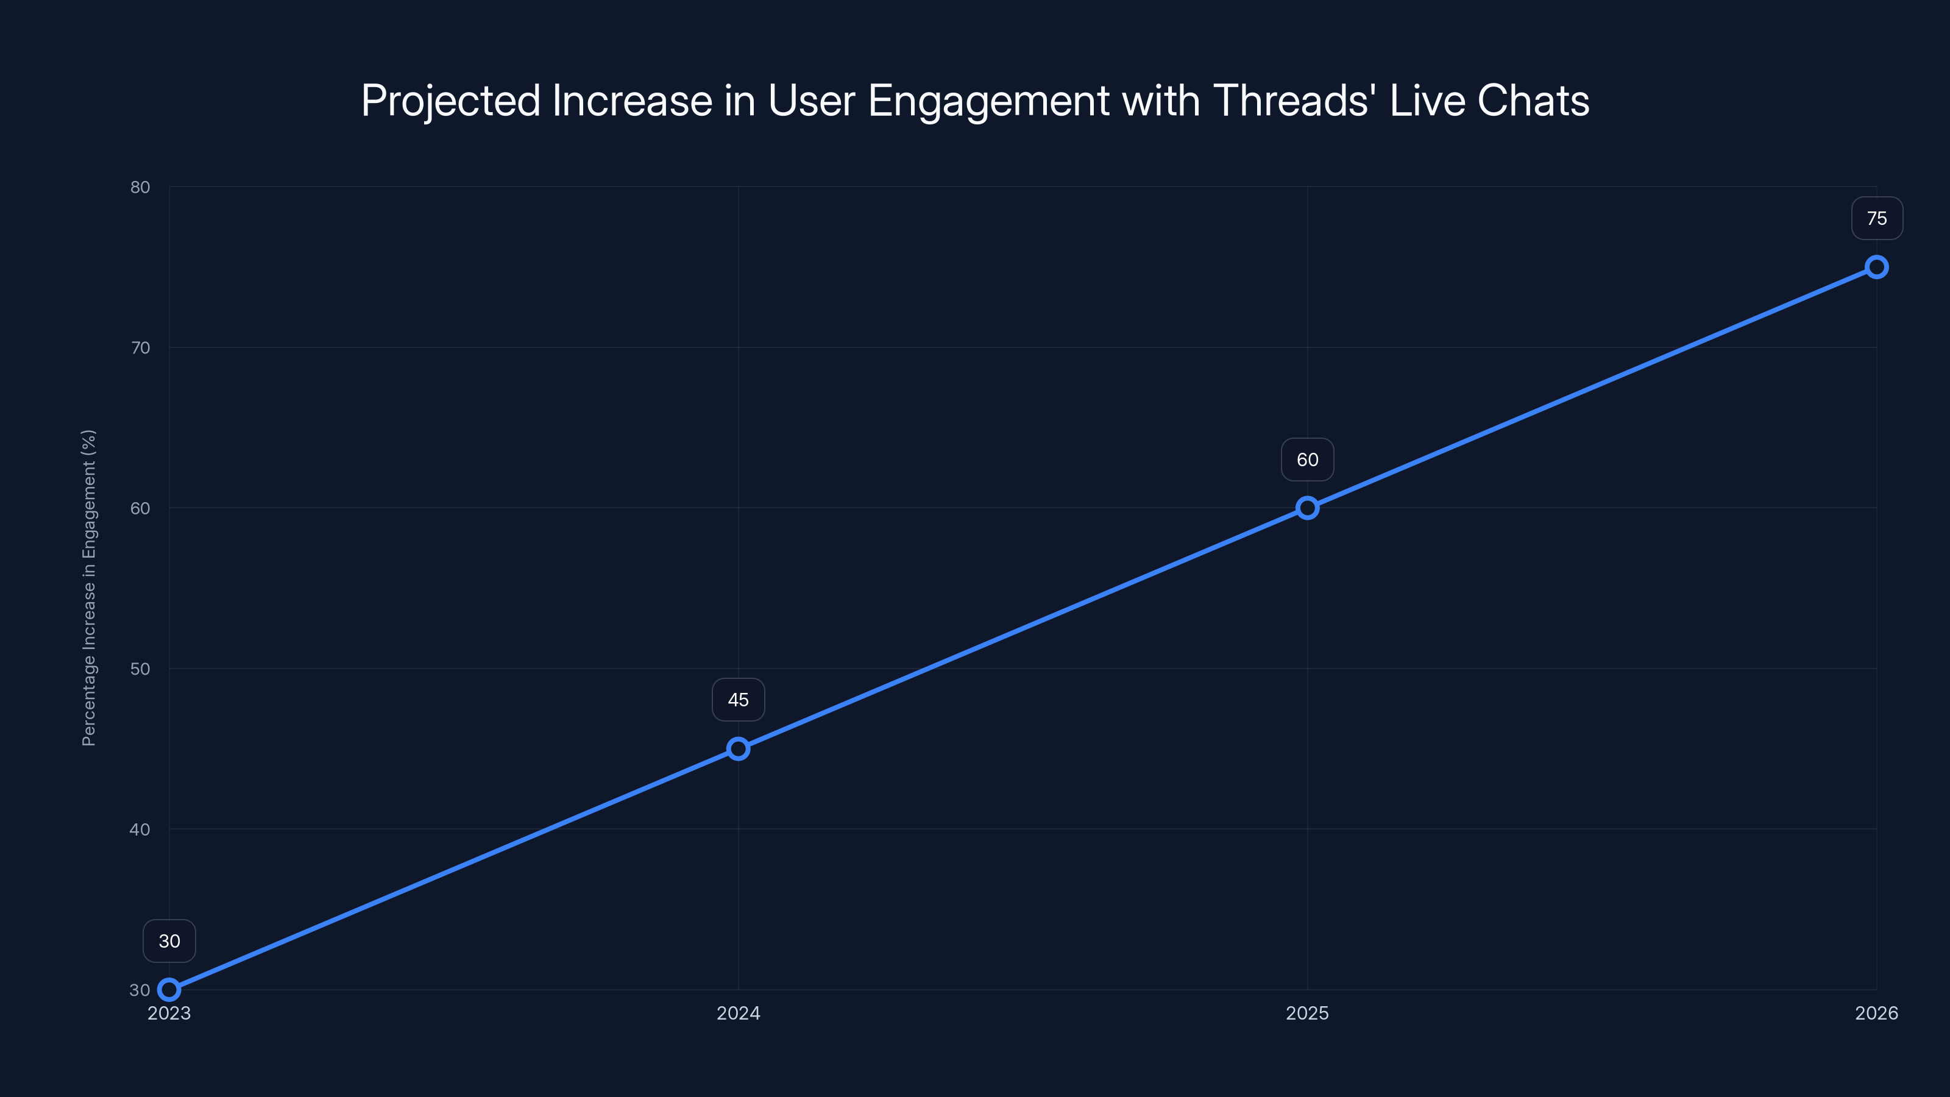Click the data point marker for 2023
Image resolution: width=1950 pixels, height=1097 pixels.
[x=169, y=990]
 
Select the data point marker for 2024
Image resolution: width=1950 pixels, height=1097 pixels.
[x=738, y=749]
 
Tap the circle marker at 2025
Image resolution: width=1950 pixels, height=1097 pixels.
[x=1307, y=508]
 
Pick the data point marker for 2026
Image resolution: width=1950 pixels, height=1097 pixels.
[x=1877, y=268]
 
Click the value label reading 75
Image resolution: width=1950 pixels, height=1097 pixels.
[x=1877, y=219]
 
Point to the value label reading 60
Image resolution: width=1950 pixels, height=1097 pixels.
[x=1307, y=460]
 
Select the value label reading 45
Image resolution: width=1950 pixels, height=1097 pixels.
[x=738, y=700]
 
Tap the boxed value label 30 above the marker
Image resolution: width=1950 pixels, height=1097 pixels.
[x=169, y=941]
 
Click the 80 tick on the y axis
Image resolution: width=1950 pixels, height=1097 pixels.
[x=140, y=187]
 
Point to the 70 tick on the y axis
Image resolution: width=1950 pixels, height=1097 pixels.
[x=140, y=347]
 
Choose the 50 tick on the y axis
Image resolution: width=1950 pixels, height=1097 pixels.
[x=140, y=669]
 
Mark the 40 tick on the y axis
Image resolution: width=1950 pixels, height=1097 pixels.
[x=140, y=829]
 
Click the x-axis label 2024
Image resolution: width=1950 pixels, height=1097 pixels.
[x=738, y=1013]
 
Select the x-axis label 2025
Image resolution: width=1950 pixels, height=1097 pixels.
[x=1307, y=1013]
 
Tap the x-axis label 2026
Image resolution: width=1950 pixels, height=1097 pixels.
[x=1877, y=1013]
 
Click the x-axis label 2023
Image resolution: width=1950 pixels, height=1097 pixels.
[x=169, y=1013]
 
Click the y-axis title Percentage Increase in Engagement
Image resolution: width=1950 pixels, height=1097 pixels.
[x=88, y=588]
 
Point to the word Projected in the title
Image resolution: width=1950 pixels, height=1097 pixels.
[x=450, y=101]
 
